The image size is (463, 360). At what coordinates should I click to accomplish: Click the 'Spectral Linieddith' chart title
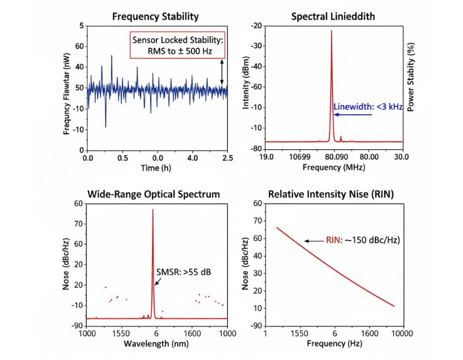(x=333, y=17)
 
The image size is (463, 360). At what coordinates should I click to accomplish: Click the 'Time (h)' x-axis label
(x=157, y=168)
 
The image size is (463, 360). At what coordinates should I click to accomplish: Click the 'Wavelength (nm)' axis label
(x=157, y=344)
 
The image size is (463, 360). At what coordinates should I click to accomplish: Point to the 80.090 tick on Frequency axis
(x=336, y=158)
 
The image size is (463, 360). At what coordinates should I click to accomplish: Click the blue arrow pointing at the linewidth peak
(x=344, y=114)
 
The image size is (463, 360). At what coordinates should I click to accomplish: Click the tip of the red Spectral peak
(x=332, y=31)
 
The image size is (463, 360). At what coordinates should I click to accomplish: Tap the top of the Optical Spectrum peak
(x=152, y=210)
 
